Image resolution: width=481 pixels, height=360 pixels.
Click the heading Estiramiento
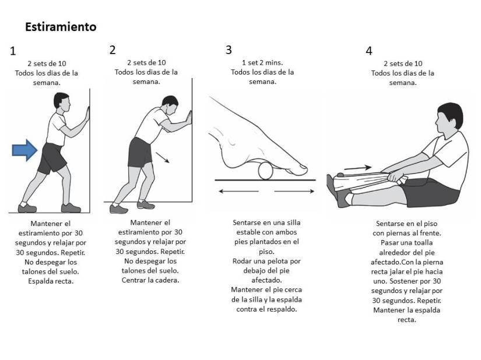[61, 27]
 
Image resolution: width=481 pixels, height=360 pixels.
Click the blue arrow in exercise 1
[24, 151]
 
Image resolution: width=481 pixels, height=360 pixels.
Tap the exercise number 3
[229, 50]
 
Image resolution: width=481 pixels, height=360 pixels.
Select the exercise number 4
[368, 51]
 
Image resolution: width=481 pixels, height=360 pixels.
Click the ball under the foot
[265, 170]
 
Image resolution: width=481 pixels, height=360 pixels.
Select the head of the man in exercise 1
[61, 101]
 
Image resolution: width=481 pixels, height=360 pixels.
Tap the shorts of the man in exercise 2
[140, 153]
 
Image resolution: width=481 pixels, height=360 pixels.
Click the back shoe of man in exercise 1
[27, 207]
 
